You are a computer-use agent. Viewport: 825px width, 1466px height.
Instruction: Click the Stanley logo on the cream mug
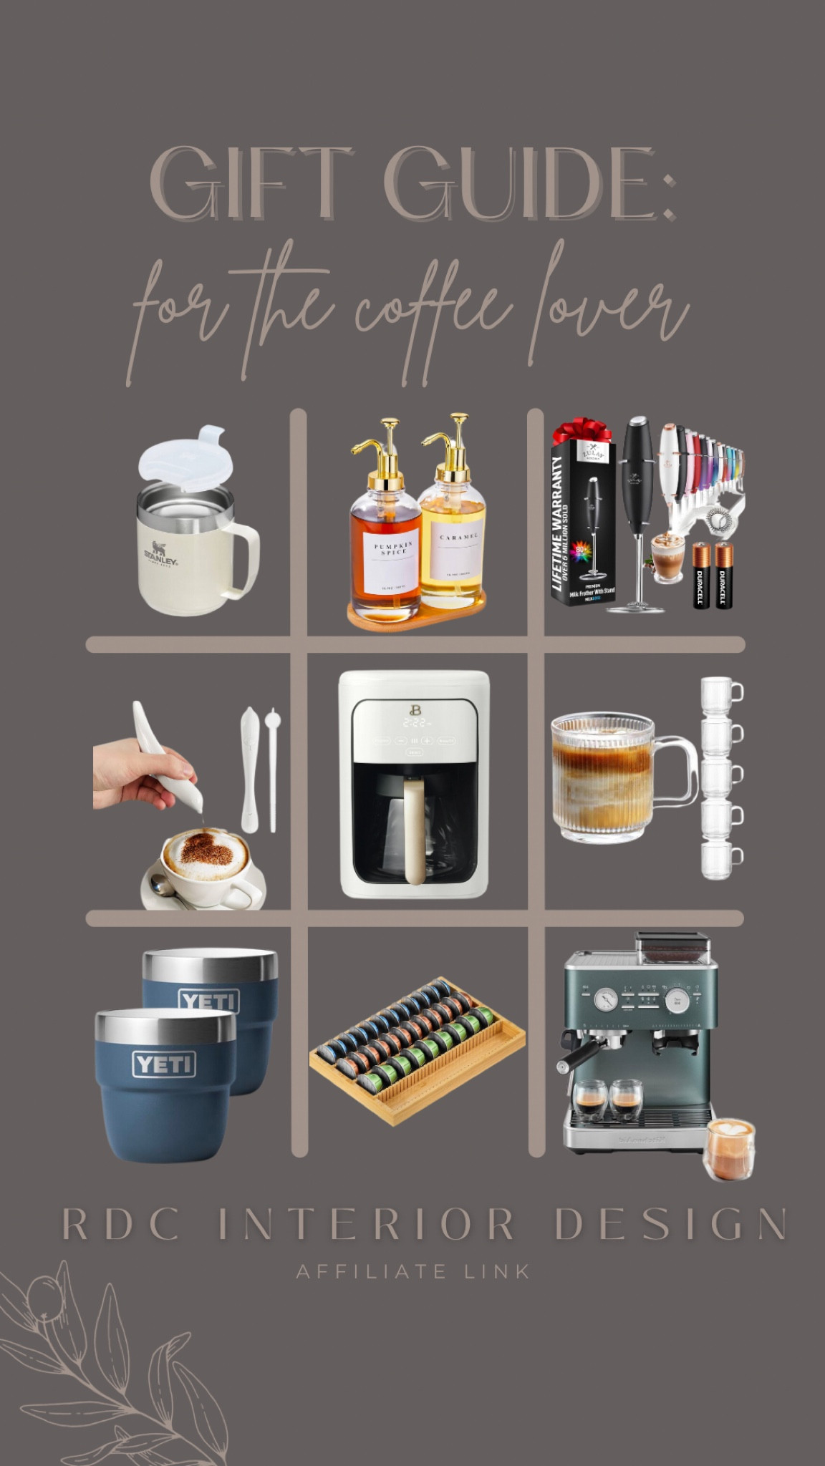(160, 555)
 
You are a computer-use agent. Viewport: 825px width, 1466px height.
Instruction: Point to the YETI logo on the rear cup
(209, 1000)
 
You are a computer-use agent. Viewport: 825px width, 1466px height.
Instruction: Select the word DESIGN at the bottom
(670, 1225)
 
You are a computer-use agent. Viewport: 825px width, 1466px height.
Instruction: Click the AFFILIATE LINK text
(413, 1272)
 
